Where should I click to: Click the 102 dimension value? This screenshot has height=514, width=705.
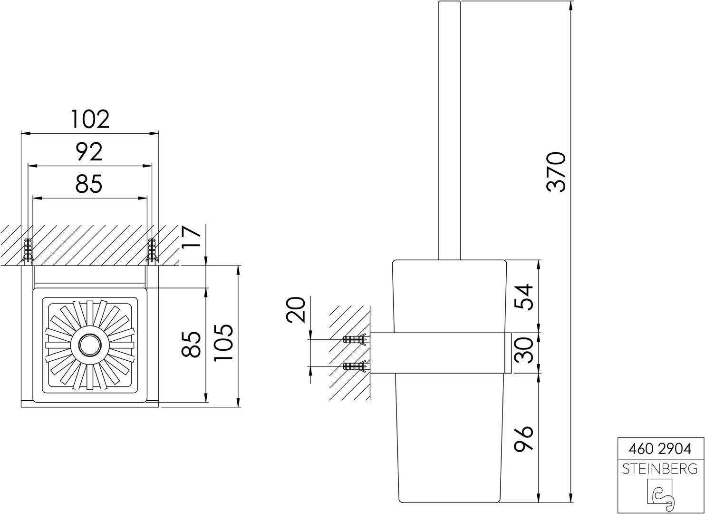tap(90, 119)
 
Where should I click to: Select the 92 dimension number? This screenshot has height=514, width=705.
tap(89, 152)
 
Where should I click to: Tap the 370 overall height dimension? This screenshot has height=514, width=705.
tap(556, 172)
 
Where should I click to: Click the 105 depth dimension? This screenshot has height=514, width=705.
tap(223, 342)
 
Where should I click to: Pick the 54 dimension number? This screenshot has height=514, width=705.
tap(524, 297)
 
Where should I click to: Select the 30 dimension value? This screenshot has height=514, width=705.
tap(524, 350)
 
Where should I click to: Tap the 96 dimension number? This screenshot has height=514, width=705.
tap(524, 439)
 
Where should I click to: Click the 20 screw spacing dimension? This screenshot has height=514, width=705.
tap(296, 310)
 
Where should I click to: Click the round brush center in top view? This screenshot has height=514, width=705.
tap(90, 345)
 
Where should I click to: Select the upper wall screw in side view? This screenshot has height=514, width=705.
tap(355, 340)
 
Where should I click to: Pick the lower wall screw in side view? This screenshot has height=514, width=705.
tap(355, 366)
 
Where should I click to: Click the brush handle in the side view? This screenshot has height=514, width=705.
tap(449, 130)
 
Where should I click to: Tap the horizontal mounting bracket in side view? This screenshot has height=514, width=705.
tap(441, 353)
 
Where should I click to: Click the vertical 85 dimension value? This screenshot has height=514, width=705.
tap(191, 344)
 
